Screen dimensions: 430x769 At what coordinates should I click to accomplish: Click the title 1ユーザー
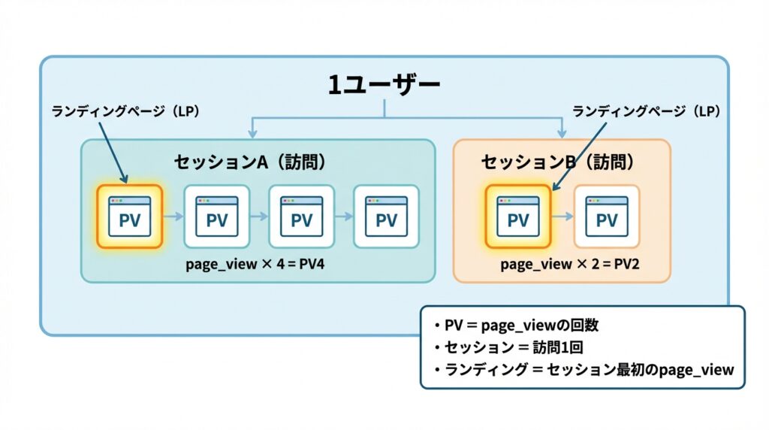pyautogui.click(x=384, y=85)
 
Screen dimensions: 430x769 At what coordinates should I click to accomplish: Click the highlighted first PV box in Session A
pyautogui.click(x=130, y=217)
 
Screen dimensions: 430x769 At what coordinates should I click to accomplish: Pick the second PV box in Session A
pyautogui.click(x=216, y=217)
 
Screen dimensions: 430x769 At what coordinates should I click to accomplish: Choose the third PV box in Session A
pyautogui.click(x=301, y=217)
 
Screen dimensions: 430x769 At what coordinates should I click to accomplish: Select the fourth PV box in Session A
pyautogui.click(x=386, y=217)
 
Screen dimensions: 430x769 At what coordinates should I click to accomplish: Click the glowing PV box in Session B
pyautogui.click(x=518, y=217)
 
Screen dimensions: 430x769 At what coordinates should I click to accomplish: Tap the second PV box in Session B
pyautogui.click(x=607, y=217)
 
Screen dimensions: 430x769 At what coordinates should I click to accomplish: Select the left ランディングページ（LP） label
pyautogui.click(x=126, y=111)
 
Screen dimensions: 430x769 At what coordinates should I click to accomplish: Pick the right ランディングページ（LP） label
pyautogui.click(x=646, y=111)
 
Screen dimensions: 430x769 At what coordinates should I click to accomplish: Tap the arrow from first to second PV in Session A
pyautogui.click(x=173, y=217)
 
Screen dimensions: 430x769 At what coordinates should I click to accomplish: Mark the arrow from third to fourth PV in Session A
pyautogui.click(x=344, y=217)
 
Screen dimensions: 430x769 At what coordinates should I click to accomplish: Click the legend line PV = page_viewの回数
pyautogui.click(x=513, y=326)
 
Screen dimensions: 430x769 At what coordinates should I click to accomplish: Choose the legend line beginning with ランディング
pyautogui.click(x=583, y=369)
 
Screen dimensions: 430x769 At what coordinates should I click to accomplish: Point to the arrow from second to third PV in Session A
pyautogui.click(x=259, y=217)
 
